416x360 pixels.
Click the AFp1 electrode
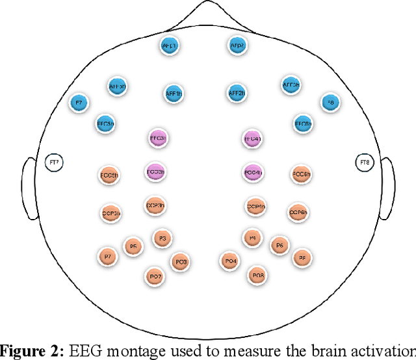point(170,45)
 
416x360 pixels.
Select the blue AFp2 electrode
point(236,45)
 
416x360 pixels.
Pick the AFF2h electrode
point(237,93)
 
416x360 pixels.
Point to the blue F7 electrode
point(79,103)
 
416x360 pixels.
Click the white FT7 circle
point(55,162)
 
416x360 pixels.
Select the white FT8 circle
point(365,162)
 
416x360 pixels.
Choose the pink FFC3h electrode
point(158,138)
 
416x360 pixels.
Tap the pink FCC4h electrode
point(252,172)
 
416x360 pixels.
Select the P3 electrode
point(162,238)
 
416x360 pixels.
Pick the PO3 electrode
point(181,261)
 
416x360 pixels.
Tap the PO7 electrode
point(155,276)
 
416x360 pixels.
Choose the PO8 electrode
point(257,276)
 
